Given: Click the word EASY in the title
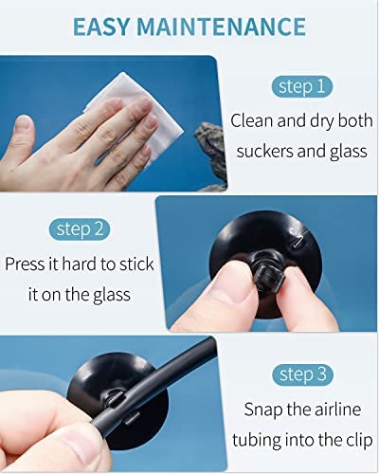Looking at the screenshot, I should [x=107, y=26].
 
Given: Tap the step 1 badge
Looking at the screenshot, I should [x=300, y=87].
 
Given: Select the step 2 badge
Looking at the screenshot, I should [x=79, y=228].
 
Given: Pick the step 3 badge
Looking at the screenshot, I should [x=300, y=374].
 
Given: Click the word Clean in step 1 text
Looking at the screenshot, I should [x=256, y=120].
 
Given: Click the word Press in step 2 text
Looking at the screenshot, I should [x=28, y=264].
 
